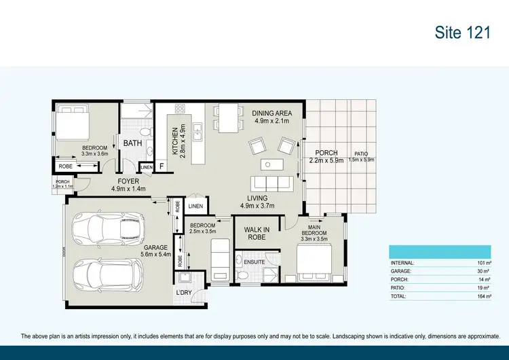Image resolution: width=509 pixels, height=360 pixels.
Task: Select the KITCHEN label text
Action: (x=174, y=142)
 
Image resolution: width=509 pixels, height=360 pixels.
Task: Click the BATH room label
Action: (x=132, y=143)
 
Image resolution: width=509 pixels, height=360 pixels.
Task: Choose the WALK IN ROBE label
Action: (x=257, y=233)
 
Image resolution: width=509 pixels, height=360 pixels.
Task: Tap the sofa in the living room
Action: (x=271, y=183)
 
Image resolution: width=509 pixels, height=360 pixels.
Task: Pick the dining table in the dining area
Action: (x=227, y=117)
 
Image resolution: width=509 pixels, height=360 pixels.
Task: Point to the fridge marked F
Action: (x=162, y=166)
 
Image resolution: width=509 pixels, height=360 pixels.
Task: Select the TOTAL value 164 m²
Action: (x=483, y=296)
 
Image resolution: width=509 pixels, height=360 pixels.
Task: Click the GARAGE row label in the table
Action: (x=402, y=271)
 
